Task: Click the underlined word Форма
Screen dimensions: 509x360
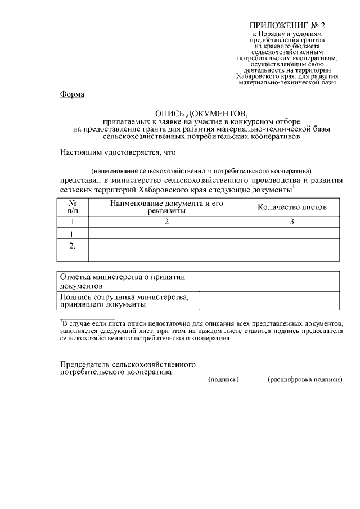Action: (72, 94)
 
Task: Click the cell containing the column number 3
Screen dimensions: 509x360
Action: (291, 222)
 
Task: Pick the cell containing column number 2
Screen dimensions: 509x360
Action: (166, 222)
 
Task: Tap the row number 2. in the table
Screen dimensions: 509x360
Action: (73, 245)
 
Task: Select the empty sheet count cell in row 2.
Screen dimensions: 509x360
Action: (291, 245)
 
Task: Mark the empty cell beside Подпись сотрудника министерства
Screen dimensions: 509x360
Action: (269, 300)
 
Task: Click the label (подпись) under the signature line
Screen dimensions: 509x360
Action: (223, 380)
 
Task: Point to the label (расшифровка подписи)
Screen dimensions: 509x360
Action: (305, 380)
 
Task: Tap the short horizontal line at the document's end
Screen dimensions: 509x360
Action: (201, 402)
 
